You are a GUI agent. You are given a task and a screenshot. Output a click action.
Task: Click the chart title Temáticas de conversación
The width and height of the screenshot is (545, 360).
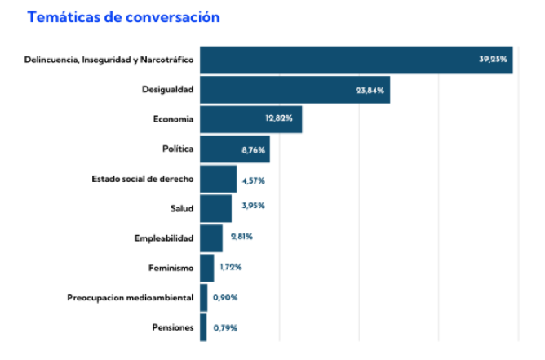123,17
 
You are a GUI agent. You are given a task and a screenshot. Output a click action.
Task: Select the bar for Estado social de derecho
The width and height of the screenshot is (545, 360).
218,179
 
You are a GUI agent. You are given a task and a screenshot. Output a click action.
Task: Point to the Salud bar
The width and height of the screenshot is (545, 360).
215,208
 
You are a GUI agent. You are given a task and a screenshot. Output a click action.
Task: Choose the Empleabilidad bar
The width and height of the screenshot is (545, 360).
211,238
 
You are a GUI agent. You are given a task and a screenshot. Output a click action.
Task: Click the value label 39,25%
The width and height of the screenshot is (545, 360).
494,59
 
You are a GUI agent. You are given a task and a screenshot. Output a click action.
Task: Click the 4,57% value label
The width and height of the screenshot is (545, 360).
254,180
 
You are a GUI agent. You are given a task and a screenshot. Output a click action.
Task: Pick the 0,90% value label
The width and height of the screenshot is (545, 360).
225,297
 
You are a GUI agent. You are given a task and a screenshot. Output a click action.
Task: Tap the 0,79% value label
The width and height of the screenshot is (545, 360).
224,327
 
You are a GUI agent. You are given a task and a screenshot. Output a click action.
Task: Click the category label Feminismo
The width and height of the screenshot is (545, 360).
171,268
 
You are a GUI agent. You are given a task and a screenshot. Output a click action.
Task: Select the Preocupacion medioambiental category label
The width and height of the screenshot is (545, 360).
131,297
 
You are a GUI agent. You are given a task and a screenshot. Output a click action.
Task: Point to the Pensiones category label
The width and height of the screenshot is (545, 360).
173,327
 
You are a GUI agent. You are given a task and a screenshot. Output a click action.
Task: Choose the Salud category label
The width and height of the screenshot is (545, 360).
181,208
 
